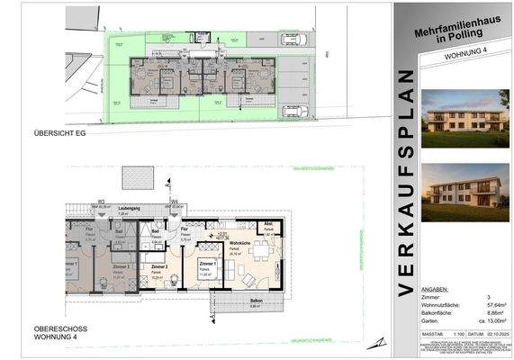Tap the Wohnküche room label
click(x=239, y=243)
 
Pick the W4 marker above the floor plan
click(x=175, y=202)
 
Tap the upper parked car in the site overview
click(x=294, y=39)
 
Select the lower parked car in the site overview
click(x=294, y=111)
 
